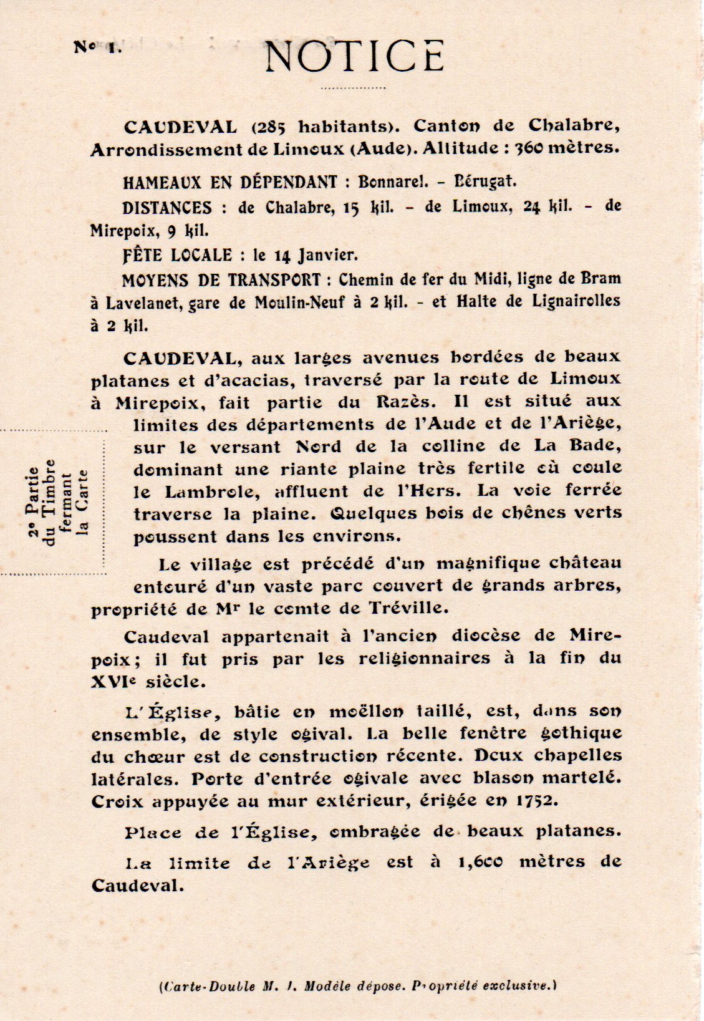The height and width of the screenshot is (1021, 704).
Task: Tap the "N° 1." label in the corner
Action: click(98, 47)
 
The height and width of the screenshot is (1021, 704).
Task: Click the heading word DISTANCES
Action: click(167, 207)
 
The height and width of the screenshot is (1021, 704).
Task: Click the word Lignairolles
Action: click(576, 301)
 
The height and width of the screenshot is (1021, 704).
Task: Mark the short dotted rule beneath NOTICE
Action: click(354, 89)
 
